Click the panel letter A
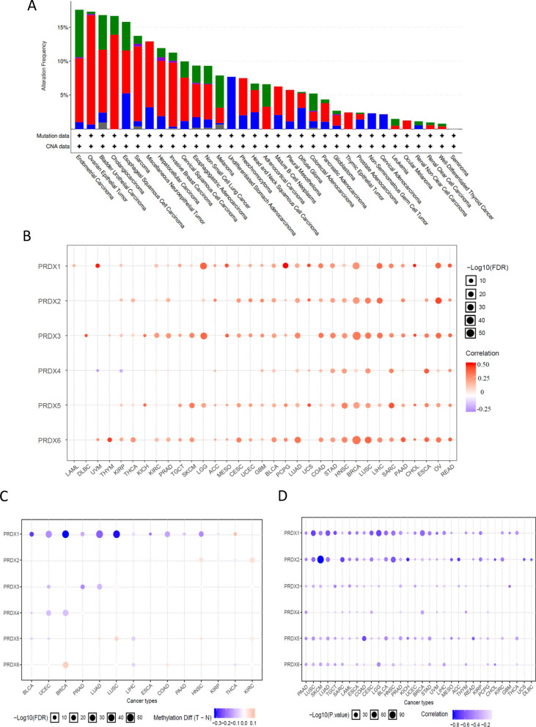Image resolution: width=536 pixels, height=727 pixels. (31, 7)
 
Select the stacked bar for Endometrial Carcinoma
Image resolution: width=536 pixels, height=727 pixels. (79, 70)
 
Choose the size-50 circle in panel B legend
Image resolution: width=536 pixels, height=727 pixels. (474, 333)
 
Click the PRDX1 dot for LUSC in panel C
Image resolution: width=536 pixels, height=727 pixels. (117, 534)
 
